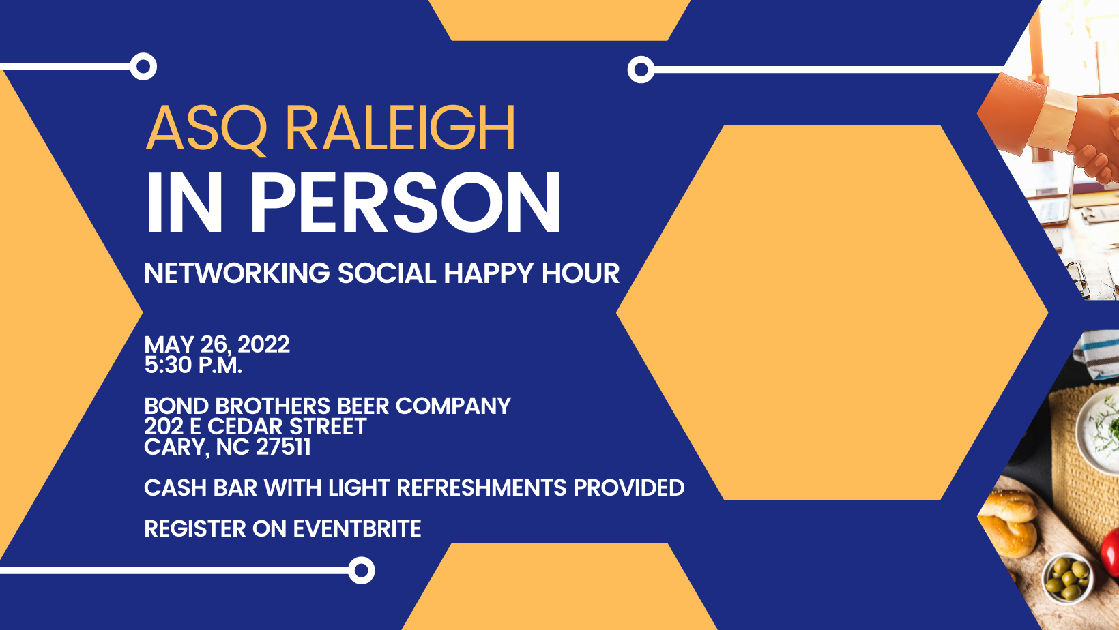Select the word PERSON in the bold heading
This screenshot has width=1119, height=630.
click(x=405, y=203)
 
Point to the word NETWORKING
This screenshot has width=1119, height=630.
click(x=237, y=273)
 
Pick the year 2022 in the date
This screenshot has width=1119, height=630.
click(x=263, y=344)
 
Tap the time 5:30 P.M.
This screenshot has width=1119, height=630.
click(x=193, y=365)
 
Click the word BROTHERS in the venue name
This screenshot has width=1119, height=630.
click(x=272, y=406)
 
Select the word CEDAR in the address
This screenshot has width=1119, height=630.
click(x=246, y=427)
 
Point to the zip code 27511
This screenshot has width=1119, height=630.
click(x=283, y=447)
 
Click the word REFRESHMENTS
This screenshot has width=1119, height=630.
click(x=482, y=488)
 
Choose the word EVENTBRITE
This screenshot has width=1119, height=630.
click(x=357, y=529)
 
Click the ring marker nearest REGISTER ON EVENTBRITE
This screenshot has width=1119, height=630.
click(x=361, y=570)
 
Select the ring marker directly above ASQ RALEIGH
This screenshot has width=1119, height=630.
click(x=143, y=67)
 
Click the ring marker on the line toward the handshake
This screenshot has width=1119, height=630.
click(x=641, y=70)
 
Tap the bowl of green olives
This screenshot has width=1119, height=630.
click(x=1068, y=576)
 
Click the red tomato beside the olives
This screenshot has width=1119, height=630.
click(x=1112, y=549)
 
